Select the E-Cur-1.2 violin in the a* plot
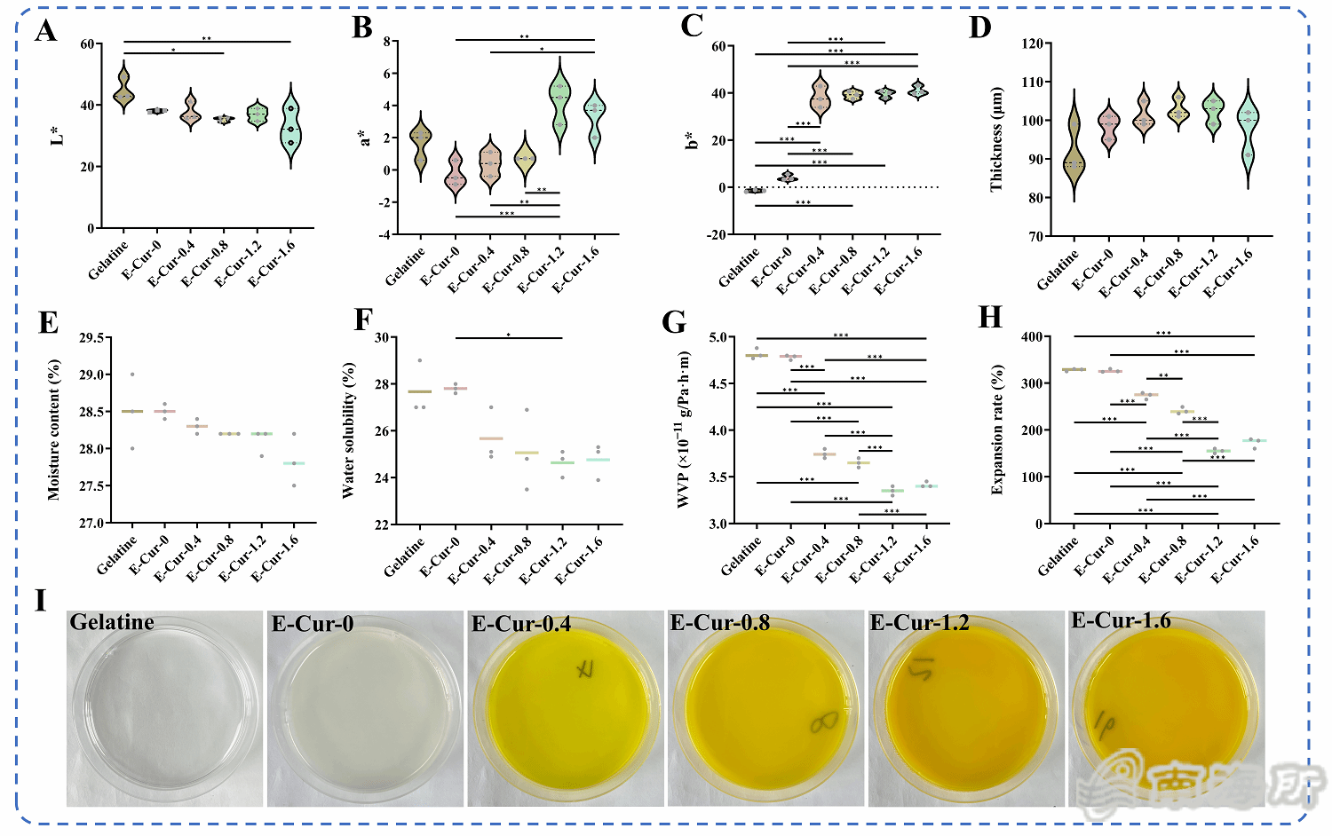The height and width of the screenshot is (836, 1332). click(x=559, y=105)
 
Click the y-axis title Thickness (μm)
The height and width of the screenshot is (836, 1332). click(x=996, y=139)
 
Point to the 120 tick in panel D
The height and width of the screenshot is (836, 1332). click(x=1033, y=43)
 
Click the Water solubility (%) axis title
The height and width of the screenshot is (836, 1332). click(x=348, y=430)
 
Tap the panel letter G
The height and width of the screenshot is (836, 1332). click(x=674, y=321)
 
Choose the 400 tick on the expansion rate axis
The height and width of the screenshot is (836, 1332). click(x=1031, y=337)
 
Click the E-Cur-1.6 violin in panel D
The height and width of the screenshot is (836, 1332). click(x=1249, y=133)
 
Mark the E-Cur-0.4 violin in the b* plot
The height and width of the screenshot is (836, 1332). click(x=820, y=98)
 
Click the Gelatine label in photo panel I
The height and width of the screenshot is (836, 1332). click(x=112, y=622)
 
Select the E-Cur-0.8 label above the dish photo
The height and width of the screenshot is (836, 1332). click(x=720, y=623)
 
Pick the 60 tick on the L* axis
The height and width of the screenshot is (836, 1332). click(x=86, y=44)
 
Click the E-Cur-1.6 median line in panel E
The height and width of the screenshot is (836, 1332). click(x=294, y=463)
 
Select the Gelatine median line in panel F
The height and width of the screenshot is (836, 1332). click(x=419, y=391)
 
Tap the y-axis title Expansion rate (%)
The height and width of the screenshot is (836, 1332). click(x=996, y=430)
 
